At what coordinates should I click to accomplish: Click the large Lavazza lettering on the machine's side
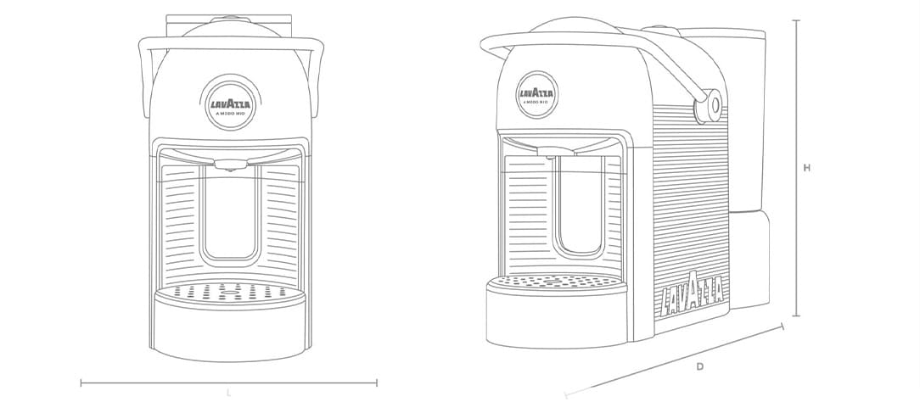693,292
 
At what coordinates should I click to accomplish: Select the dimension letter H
807,168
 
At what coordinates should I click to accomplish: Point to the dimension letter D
699,366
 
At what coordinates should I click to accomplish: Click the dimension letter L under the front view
228,393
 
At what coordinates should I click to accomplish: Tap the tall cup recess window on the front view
230,212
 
